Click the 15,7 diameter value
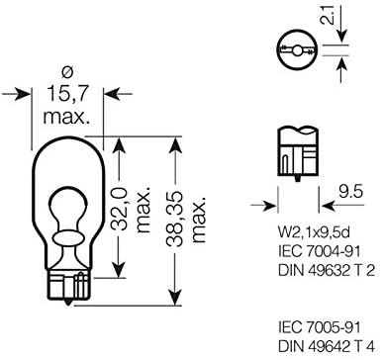[x=67, y=94]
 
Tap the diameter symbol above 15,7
[x=67, y=74]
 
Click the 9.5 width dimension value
[x=350, y=192]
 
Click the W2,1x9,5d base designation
[x=314, y=234]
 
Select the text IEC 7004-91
[x=319, y=252]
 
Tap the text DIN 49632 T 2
[x=327, y=271]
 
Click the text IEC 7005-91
[x=319, y=328]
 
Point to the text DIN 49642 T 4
[x=327, y=346]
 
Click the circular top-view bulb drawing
[x=297, y=50]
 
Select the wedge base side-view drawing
[x=298, y=153]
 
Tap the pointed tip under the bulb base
[x=68, y=303]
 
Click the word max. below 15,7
[x=67, y=116]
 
